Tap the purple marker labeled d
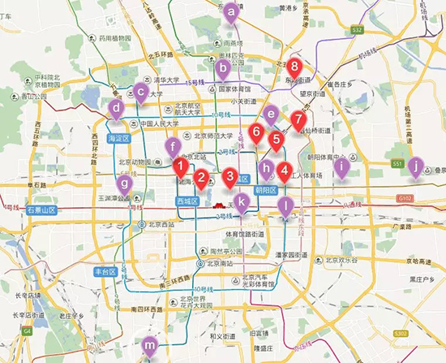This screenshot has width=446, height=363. click(x=117, y=107)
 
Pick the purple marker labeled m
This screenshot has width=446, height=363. click(x=149, y=345)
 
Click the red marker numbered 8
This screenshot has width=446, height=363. click(x=294, y=67)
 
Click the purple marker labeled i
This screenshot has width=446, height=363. click(x=342, y=168)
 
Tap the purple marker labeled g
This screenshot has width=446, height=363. click(x=127, y=184)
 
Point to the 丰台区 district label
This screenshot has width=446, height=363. click(x=107, y=270)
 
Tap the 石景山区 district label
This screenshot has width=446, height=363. click(x=40, y=210)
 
